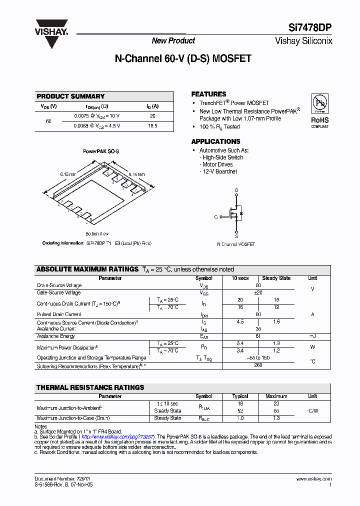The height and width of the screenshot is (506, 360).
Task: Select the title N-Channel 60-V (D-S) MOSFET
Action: point(183,58)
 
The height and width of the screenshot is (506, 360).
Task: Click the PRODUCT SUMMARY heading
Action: point(70,96)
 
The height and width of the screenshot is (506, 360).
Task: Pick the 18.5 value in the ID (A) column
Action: point(152,126)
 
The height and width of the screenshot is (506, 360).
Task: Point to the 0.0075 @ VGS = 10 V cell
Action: point(97,116)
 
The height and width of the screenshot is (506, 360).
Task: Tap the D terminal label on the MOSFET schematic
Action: point(236,190)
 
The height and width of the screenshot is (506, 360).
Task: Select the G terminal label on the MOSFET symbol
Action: point(216,217)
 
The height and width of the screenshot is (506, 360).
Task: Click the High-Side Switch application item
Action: point(222,157)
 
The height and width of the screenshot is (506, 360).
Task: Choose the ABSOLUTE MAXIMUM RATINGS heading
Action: point(87,269)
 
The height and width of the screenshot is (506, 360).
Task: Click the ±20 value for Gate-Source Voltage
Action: point(258,293)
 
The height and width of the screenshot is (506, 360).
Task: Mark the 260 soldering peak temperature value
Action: point(258,365)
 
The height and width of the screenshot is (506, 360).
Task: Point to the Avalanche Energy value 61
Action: point(258,336)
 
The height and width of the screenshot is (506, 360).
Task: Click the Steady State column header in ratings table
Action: point(276,278)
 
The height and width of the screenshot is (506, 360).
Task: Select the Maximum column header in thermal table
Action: point(276,396)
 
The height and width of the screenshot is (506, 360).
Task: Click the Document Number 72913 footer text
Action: point(62,478)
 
